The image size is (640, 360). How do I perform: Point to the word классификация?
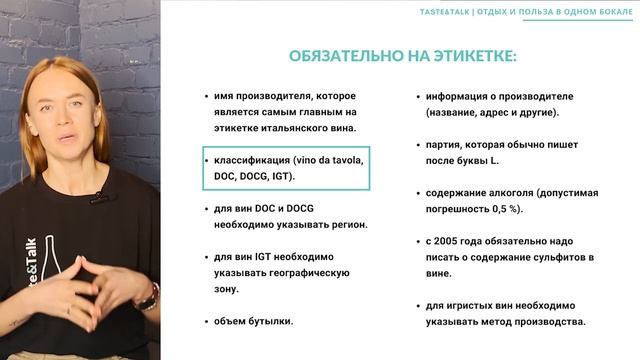click(246, 160)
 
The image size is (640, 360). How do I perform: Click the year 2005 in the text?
click(451, 241)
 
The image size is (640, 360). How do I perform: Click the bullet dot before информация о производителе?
click(416, 96)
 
